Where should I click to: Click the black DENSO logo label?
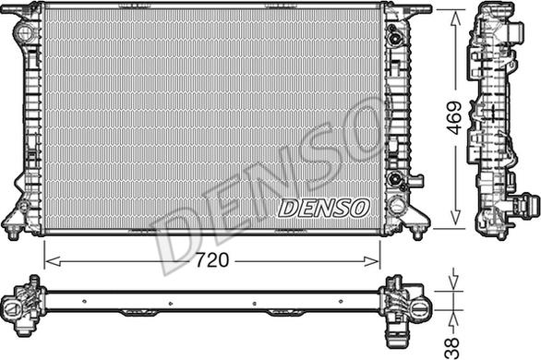323,208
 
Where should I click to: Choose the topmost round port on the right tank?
397,39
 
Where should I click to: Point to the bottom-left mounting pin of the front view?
12,232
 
